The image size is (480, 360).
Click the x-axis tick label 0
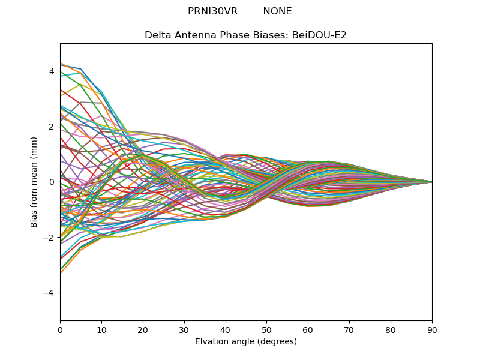[x=60, y=329]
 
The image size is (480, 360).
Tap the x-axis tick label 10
[x=101, y=329]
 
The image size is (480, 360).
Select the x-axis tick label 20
[x=143, y=329]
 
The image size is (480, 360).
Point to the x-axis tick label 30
[x=184, y=329]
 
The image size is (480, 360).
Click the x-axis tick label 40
[x=226, y=329]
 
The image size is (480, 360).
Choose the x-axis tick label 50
[x=266, y=329]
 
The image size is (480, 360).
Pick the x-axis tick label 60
[x=308, y=329]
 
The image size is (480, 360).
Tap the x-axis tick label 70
[x=349, y=329]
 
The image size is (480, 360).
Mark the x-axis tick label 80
[x=391, y=329]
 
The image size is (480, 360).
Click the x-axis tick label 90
[x=432, y=329]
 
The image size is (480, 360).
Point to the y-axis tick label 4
[x=52, y=71]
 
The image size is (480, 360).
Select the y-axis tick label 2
[x=52, y=127]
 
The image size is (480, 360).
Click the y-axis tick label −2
[x=49, y=238]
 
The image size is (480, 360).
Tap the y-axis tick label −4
[x=49, y=293]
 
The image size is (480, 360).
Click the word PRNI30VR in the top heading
[x=212, y=11]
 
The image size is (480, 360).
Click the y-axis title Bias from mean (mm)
[x=35, y=182]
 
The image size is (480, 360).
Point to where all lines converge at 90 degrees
[x=432, y=182]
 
